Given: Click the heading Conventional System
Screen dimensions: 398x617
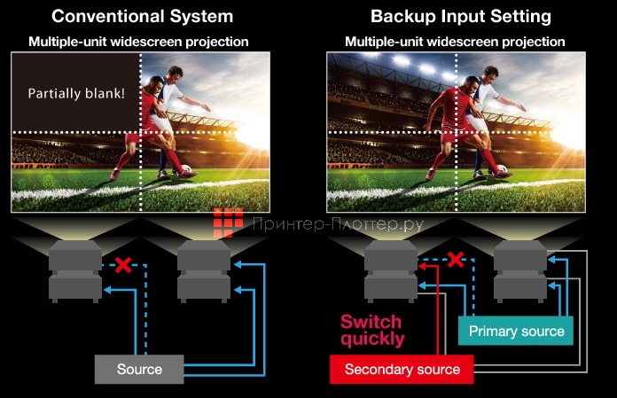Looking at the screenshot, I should coord(143,16).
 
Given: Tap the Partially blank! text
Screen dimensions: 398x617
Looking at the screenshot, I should coord(75,93).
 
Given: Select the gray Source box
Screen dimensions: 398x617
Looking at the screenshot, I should coord(139,369).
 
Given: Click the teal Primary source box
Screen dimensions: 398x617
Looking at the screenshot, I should coord(516,332).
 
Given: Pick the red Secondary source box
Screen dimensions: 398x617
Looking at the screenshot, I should coord(402,369).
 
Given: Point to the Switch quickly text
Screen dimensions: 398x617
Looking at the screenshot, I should coord(371,330).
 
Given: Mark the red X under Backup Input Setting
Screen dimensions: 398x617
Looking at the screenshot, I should coord(455,260).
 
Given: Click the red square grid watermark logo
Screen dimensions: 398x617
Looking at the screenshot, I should coord(228,223).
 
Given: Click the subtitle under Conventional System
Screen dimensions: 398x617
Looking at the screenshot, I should coord(138,42).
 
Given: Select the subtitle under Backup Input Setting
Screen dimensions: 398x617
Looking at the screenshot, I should coord(455,42).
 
